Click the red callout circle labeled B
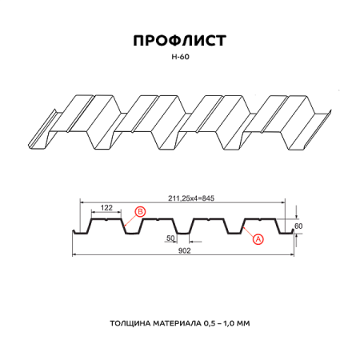[x=140, y=211]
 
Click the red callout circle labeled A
[x=258, y=238]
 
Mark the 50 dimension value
[x=170, y=238]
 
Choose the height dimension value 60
[x=299, y=226]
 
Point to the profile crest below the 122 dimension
[x=107, y=218]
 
